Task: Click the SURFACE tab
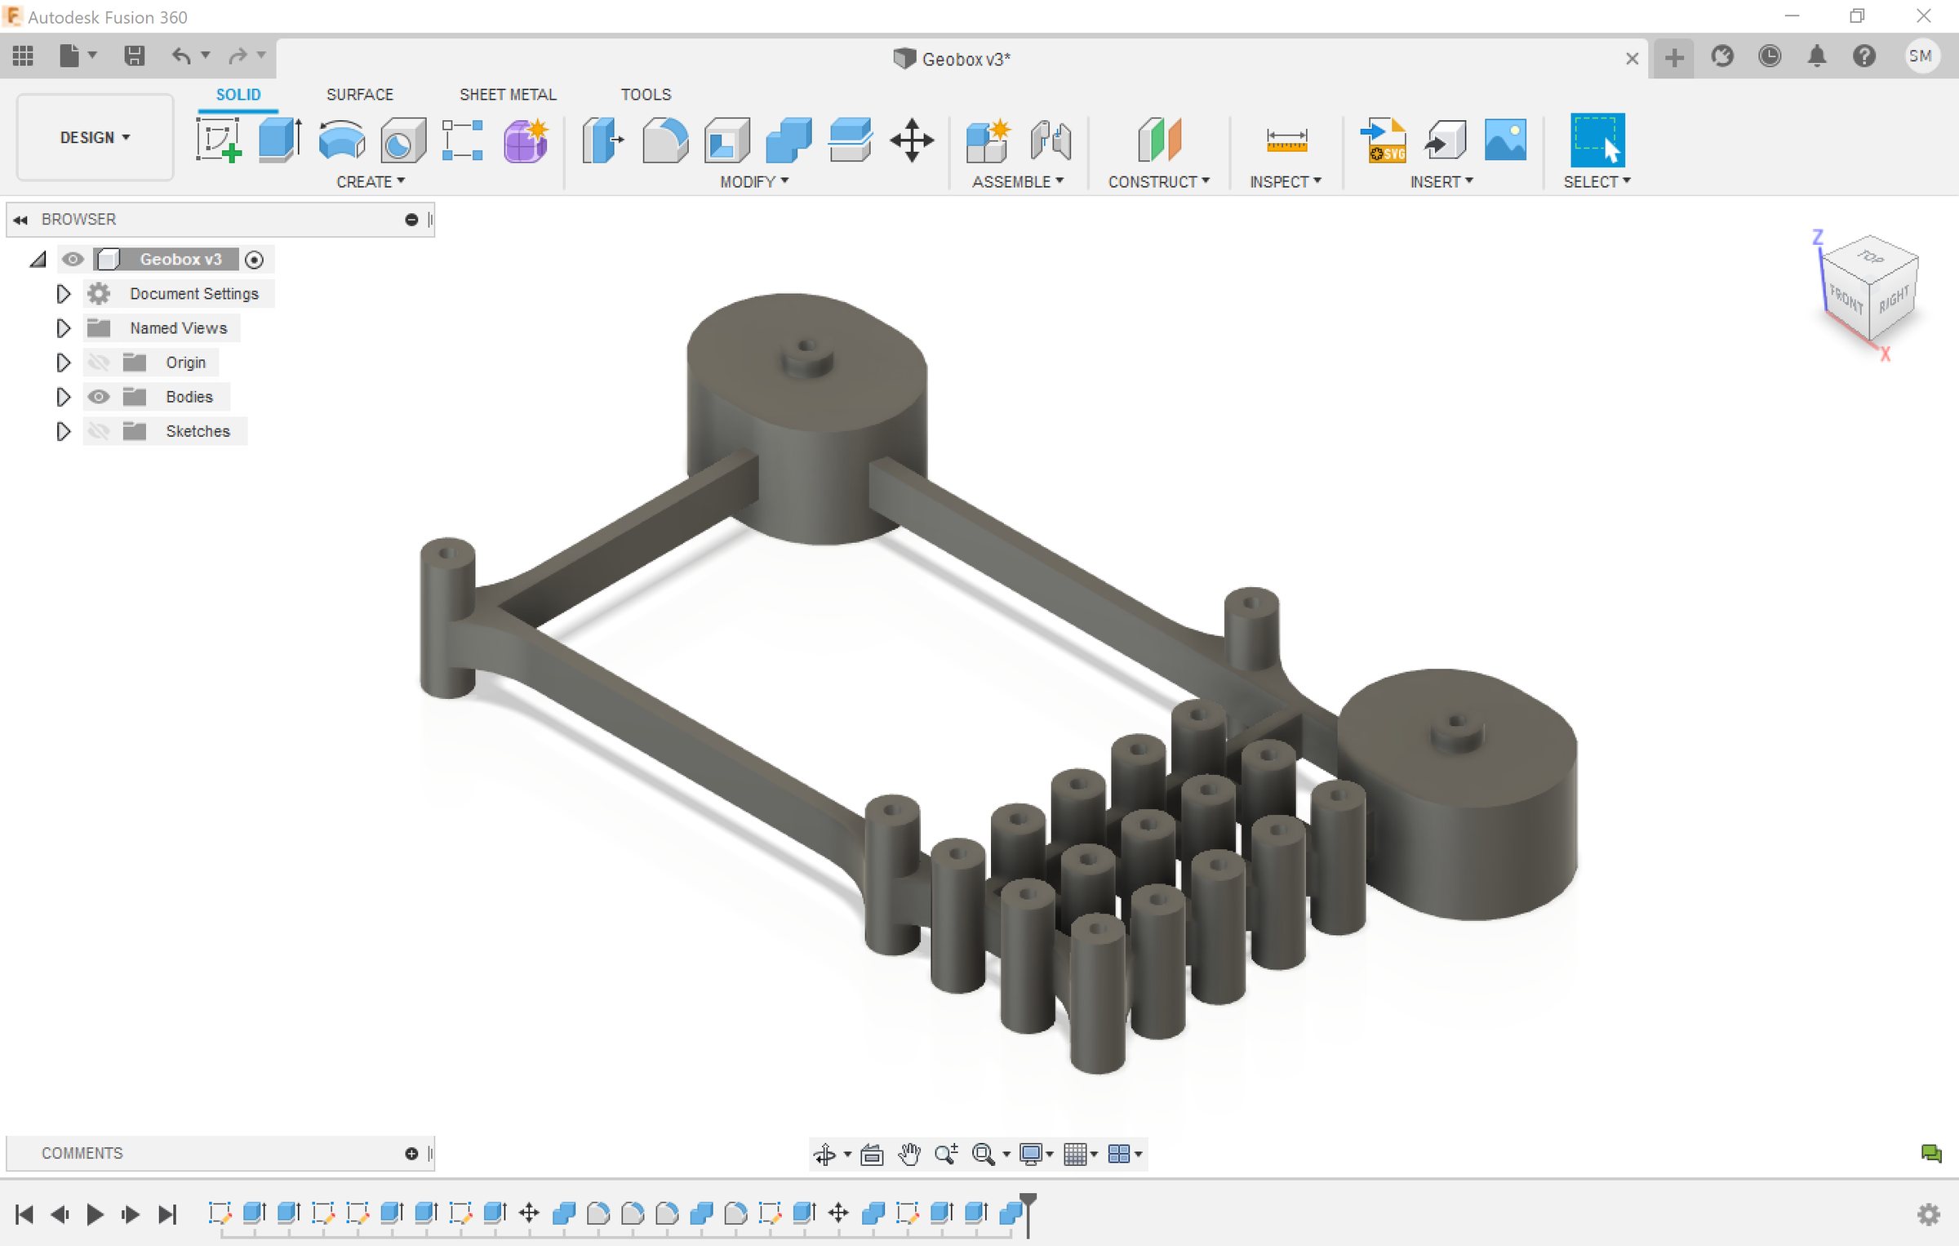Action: (x=359, y=95)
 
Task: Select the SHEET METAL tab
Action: (x=508, y=95)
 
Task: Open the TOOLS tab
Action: (x=646, y=95)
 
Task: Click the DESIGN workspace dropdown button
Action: (x=95, y=137)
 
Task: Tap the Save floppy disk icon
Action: (x=134, y=56)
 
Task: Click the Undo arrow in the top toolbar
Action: (x=181, y=56)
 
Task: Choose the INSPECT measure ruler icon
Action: (x=1286, y=140)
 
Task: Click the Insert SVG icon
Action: (x=1384, y=140)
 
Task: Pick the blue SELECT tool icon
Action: (x=1597, y=140)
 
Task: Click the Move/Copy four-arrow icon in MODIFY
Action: (x=912, y=140)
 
